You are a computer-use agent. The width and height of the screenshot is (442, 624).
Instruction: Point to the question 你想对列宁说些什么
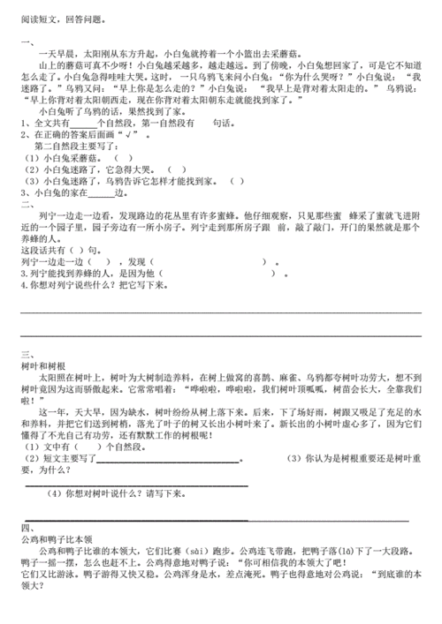click(x=88, y=286)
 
